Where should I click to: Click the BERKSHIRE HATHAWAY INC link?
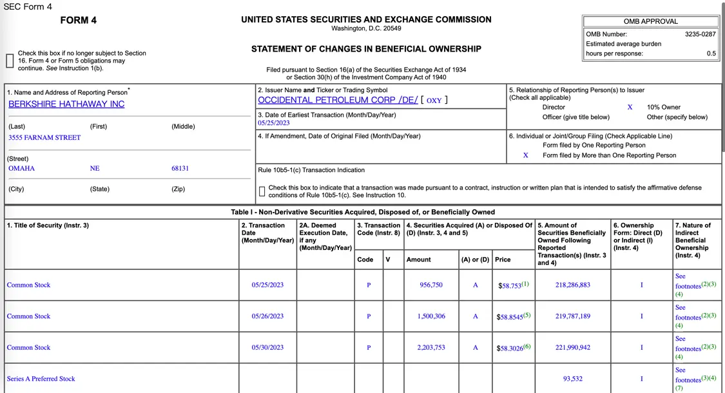[x=66, y=104]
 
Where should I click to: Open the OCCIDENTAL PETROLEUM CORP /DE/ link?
[x=338, y=100]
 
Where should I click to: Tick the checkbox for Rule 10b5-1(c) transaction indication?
[x=262, y=191]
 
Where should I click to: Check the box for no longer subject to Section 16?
[x=10, y=61]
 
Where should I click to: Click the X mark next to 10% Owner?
[x=630, y=108]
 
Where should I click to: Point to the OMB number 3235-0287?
[x=700, y=34]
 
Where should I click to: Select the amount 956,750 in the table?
[x=430, y=285]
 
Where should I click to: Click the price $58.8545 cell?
[x=512, y=317]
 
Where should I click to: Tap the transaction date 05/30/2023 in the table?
[x=267, y=348]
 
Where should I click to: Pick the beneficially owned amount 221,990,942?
[x=572, y=348]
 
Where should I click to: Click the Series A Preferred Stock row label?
[x=41, y=379]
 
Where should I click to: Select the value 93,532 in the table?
[x=572, y=379]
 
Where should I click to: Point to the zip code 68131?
[x=180, y=168]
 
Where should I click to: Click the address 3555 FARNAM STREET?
[x=44, y=137]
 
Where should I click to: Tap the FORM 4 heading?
[x=79, y=20]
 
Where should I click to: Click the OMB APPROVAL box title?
[x=651, y=21]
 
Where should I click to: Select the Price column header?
[x=503, y=260]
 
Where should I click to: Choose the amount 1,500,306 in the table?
[x=430, y=316]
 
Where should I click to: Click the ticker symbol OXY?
[x=434, y=101]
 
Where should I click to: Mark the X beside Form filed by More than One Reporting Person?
[x=526, y=155]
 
